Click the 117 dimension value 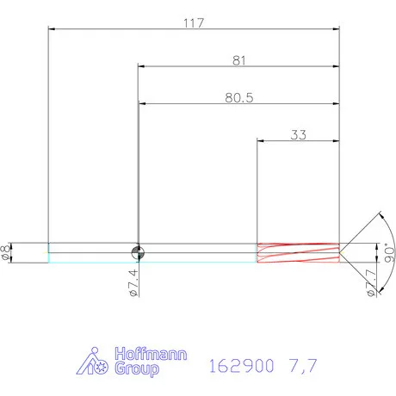click(x=193, y=22)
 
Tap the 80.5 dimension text click(x=238, y=98)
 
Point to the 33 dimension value click(x=299, y=135)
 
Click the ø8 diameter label click(x=8, y=251)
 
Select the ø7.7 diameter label click(x=370, y=282)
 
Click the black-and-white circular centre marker click(x=137, y=251)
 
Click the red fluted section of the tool click(x=297, y=251)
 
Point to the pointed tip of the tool click(x=340, y=251)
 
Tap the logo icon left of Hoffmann click(x=93, y=362)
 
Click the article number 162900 click(x=241, y=365)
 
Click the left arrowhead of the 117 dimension click(x=53, y=28)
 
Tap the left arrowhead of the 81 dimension click(x=140, y=66)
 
